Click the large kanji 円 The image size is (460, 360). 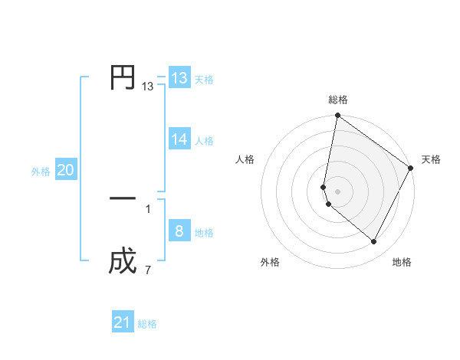(x=123, y=77)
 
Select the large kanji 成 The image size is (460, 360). (x=123, y=263)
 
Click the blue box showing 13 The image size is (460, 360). (x=179, y=78)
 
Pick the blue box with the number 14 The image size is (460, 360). (x=179, y=139)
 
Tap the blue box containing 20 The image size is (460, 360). (x=65, y=171)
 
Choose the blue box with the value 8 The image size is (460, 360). (x=179, y=231)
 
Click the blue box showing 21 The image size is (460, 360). (x=123, y=322)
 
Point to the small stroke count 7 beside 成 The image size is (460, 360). (x=147, y=270)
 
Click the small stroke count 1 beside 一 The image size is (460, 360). (x=147, y=208)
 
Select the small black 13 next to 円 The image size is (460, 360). (x=147, y=87)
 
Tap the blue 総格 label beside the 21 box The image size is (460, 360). (x=147, y=324)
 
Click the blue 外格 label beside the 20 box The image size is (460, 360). (x=41, y=172)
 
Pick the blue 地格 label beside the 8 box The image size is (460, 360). (x=204, y=233)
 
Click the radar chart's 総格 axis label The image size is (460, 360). (x=338, y=100)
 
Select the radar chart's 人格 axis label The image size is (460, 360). (x=245, y=159)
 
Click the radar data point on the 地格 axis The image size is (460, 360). (x=374, y=242)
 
